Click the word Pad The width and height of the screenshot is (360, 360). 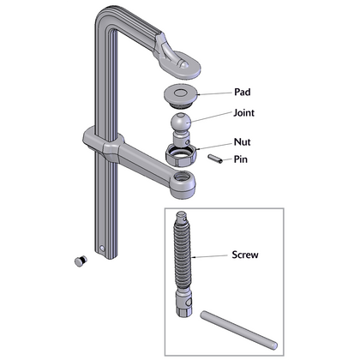point(243,92)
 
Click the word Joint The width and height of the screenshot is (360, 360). point(243,113)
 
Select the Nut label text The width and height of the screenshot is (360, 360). point(243,141)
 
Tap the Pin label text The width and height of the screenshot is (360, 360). point(241,159)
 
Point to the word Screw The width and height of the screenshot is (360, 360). point(245,255)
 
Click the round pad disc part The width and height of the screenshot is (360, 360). point(181,96)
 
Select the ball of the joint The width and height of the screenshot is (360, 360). point(181,122)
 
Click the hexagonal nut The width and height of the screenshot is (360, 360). point(181,155)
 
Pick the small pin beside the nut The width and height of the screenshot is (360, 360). point(215,159)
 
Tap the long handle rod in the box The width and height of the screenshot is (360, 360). point(238,330)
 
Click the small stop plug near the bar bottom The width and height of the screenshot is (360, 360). point(81,261)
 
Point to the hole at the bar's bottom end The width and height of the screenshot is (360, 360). point(102,248)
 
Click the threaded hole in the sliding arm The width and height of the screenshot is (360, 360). point(183,177)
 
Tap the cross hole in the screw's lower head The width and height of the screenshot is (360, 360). point(189,303)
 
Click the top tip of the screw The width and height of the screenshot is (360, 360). point(181,213)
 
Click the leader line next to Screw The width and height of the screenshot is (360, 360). point(210,256)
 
